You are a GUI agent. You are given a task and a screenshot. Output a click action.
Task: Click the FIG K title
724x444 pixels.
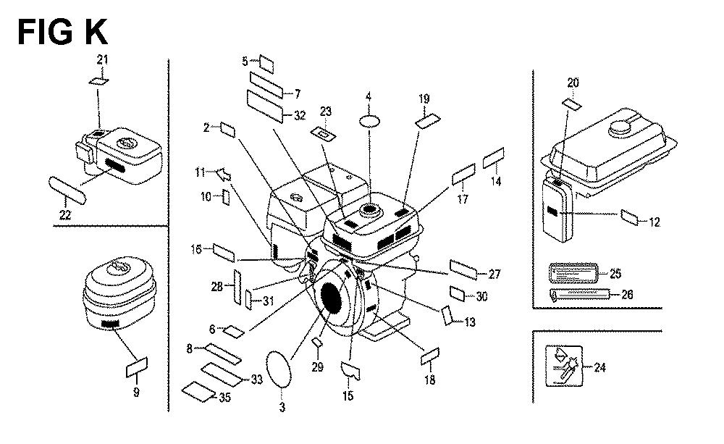pyautogui.click(x=62, y=32)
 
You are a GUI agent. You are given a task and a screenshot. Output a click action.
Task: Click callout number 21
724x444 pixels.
pyautogui.click(x=102, y=59)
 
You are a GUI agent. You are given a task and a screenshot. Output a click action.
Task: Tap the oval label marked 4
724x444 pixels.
pyautogui.click(x=370, y=121)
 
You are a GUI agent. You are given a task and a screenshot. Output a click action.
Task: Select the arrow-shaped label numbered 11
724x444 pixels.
pyautogui.click(x=224, y=175)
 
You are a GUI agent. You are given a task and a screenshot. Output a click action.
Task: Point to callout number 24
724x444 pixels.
pyautogui.click(x=599, y=368)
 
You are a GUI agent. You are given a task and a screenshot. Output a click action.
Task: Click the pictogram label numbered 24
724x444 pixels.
pyautogui.click(x=564, y=366)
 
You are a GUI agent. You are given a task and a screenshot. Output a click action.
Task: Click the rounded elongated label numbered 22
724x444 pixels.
pyautogui.click(x=67, y=190)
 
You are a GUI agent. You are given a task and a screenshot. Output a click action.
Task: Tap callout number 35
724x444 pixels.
pyautogui.click(x=225, y=398)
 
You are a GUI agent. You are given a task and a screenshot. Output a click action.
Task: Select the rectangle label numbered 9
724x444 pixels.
pyautogui.click(x=137, y=367)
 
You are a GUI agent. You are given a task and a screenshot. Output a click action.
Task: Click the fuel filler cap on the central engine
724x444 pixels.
pyautogui.click(x=369, y=210)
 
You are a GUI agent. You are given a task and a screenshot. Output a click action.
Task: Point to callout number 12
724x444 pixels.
pyautogui.click(x=654, y=222)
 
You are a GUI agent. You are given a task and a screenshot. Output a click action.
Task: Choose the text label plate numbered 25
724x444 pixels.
pyautogui.click(x=573, y=273)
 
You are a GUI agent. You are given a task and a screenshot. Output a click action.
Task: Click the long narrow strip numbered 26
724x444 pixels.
pyautogui.click(x=581, y=294)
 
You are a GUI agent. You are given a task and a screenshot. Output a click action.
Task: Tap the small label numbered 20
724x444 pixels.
pyautogui.click(x=572, y=104)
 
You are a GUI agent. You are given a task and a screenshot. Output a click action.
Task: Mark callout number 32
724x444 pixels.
pyautogui.click(x=300, y=115)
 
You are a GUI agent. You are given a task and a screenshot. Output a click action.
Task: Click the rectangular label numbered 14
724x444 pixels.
pyautogui.click(x=494, y=158)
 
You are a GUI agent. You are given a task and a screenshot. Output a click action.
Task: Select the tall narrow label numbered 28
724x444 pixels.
pyautogui.click(x=237, y=288)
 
